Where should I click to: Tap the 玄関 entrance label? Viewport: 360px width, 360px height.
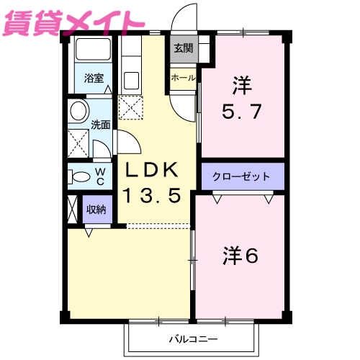click(x=183, y=49)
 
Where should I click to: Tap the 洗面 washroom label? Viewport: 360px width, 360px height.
click(x=100, y=124)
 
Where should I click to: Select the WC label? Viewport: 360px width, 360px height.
click(x=100, y=176)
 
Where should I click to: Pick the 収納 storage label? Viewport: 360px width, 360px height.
click(x=96, y=210)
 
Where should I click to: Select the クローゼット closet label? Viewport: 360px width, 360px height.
click(x=242, y=176)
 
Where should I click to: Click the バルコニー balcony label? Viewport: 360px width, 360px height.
click(x=192, y=338)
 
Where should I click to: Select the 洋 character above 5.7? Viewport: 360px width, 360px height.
click(x=242, y=85)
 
